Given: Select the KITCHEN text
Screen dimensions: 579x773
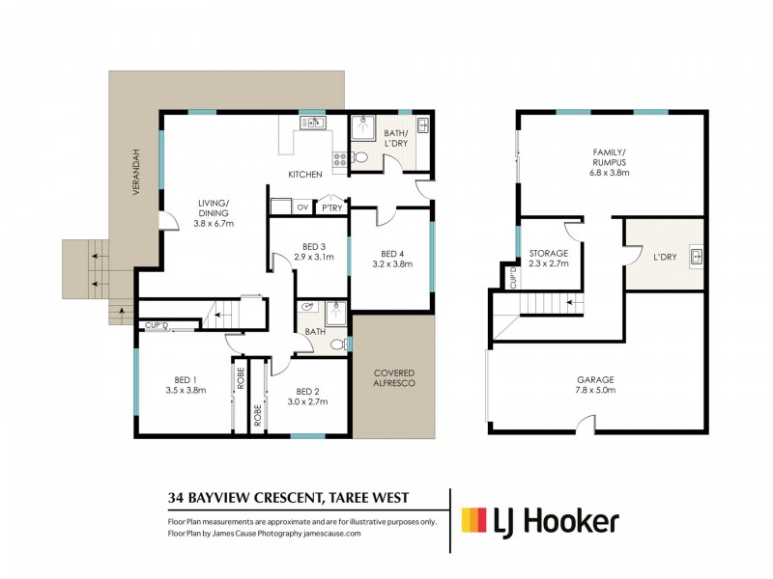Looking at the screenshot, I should [304, 175].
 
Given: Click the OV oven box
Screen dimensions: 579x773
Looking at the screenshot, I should [301, 207].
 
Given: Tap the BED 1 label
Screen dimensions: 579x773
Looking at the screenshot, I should [187, 378].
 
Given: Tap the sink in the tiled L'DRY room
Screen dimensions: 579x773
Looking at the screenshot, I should [695, 256].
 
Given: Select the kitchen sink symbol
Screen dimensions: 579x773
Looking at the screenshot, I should [312, 124].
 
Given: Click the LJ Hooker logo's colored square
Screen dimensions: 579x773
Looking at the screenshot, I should [473, 521].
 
